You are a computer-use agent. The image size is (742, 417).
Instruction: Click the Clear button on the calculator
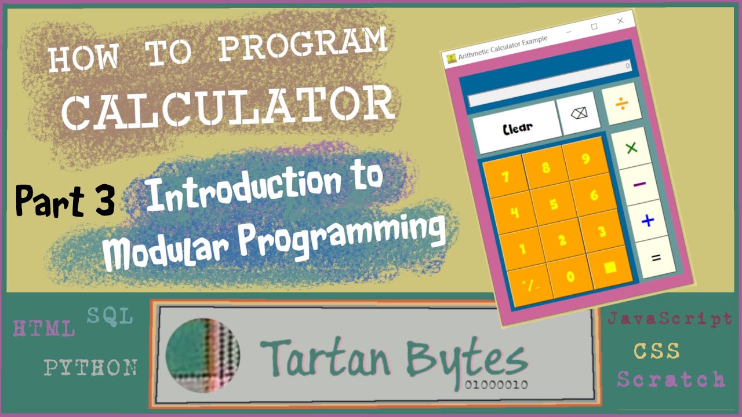(517, 127)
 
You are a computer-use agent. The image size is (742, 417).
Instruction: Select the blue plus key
(648, 221)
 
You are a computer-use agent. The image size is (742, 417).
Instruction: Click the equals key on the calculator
(656, 258)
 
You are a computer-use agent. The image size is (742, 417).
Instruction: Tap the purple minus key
(640, 184)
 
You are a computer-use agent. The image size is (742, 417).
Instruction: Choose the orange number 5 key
(554, 204)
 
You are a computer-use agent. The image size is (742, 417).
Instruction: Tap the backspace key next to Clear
(579, 114)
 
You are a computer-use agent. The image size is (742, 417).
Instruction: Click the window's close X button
(620, 21)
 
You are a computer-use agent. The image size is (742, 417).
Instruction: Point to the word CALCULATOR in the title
(228, 108)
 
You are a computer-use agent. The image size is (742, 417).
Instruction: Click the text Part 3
(64, 200)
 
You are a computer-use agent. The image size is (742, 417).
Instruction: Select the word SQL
(110, 316)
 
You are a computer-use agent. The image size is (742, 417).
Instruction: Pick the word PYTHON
(91, 367)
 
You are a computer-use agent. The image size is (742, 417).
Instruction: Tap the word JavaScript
(670, 319)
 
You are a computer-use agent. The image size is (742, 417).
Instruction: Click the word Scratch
(671, 379)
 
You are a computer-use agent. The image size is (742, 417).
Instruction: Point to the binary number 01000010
(496, 385)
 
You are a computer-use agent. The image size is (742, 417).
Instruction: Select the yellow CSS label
(656, 350)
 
